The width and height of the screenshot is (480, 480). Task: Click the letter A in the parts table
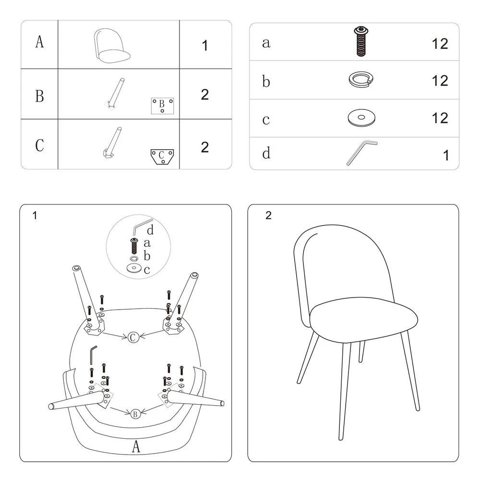pos(39,42)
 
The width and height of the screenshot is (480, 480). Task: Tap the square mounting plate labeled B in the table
pos(162,106)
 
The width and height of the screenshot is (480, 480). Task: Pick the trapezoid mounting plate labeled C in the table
pos(162,157)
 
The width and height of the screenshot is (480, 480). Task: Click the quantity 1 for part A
pos(205,46)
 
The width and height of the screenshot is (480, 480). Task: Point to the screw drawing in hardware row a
pos(361,41)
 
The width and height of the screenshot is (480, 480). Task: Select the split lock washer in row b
pos(361,79)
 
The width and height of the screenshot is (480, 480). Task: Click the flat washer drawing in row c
pos(361,118)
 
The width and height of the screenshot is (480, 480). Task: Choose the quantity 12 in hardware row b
pos(440,81)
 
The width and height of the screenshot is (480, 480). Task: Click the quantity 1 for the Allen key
pos(446,155)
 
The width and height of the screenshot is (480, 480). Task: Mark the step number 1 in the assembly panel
pos(35,216)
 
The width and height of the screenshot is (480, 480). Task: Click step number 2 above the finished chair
pos(268,216)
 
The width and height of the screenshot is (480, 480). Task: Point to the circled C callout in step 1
pos(133,337)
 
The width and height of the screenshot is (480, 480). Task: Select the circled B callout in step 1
pos(135,414)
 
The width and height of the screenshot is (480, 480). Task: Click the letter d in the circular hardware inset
pos(150,230)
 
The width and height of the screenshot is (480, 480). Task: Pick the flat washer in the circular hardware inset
pos(134,268)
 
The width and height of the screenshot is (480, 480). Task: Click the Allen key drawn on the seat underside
pos(93,355)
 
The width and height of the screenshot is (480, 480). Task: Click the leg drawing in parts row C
pos(112,143)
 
